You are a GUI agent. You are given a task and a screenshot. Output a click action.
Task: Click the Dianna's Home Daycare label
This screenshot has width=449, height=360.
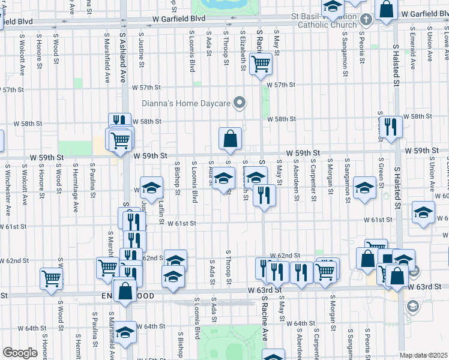pos(186,103)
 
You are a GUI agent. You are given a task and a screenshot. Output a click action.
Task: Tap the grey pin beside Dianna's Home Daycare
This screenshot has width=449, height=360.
pos(240,103)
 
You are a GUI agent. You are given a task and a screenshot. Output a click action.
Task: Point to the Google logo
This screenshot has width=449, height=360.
pos(20,353)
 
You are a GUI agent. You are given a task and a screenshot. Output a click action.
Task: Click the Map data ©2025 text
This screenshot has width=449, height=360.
pos(424,355)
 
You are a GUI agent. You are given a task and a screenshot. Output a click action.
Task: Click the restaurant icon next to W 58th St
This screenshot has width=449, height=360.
pos(391,127)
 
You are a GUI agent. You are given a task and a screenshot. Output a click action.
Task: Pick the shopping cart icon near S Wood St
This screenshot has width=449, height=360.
pos(51,278)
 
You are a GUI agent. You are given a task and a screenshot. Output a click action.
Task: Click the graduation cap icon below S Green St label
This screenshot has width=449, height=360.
pos(364,187)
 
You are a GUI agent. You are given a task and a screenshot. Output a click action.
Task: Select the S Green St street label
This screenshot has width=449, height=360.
pos(381,171)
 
